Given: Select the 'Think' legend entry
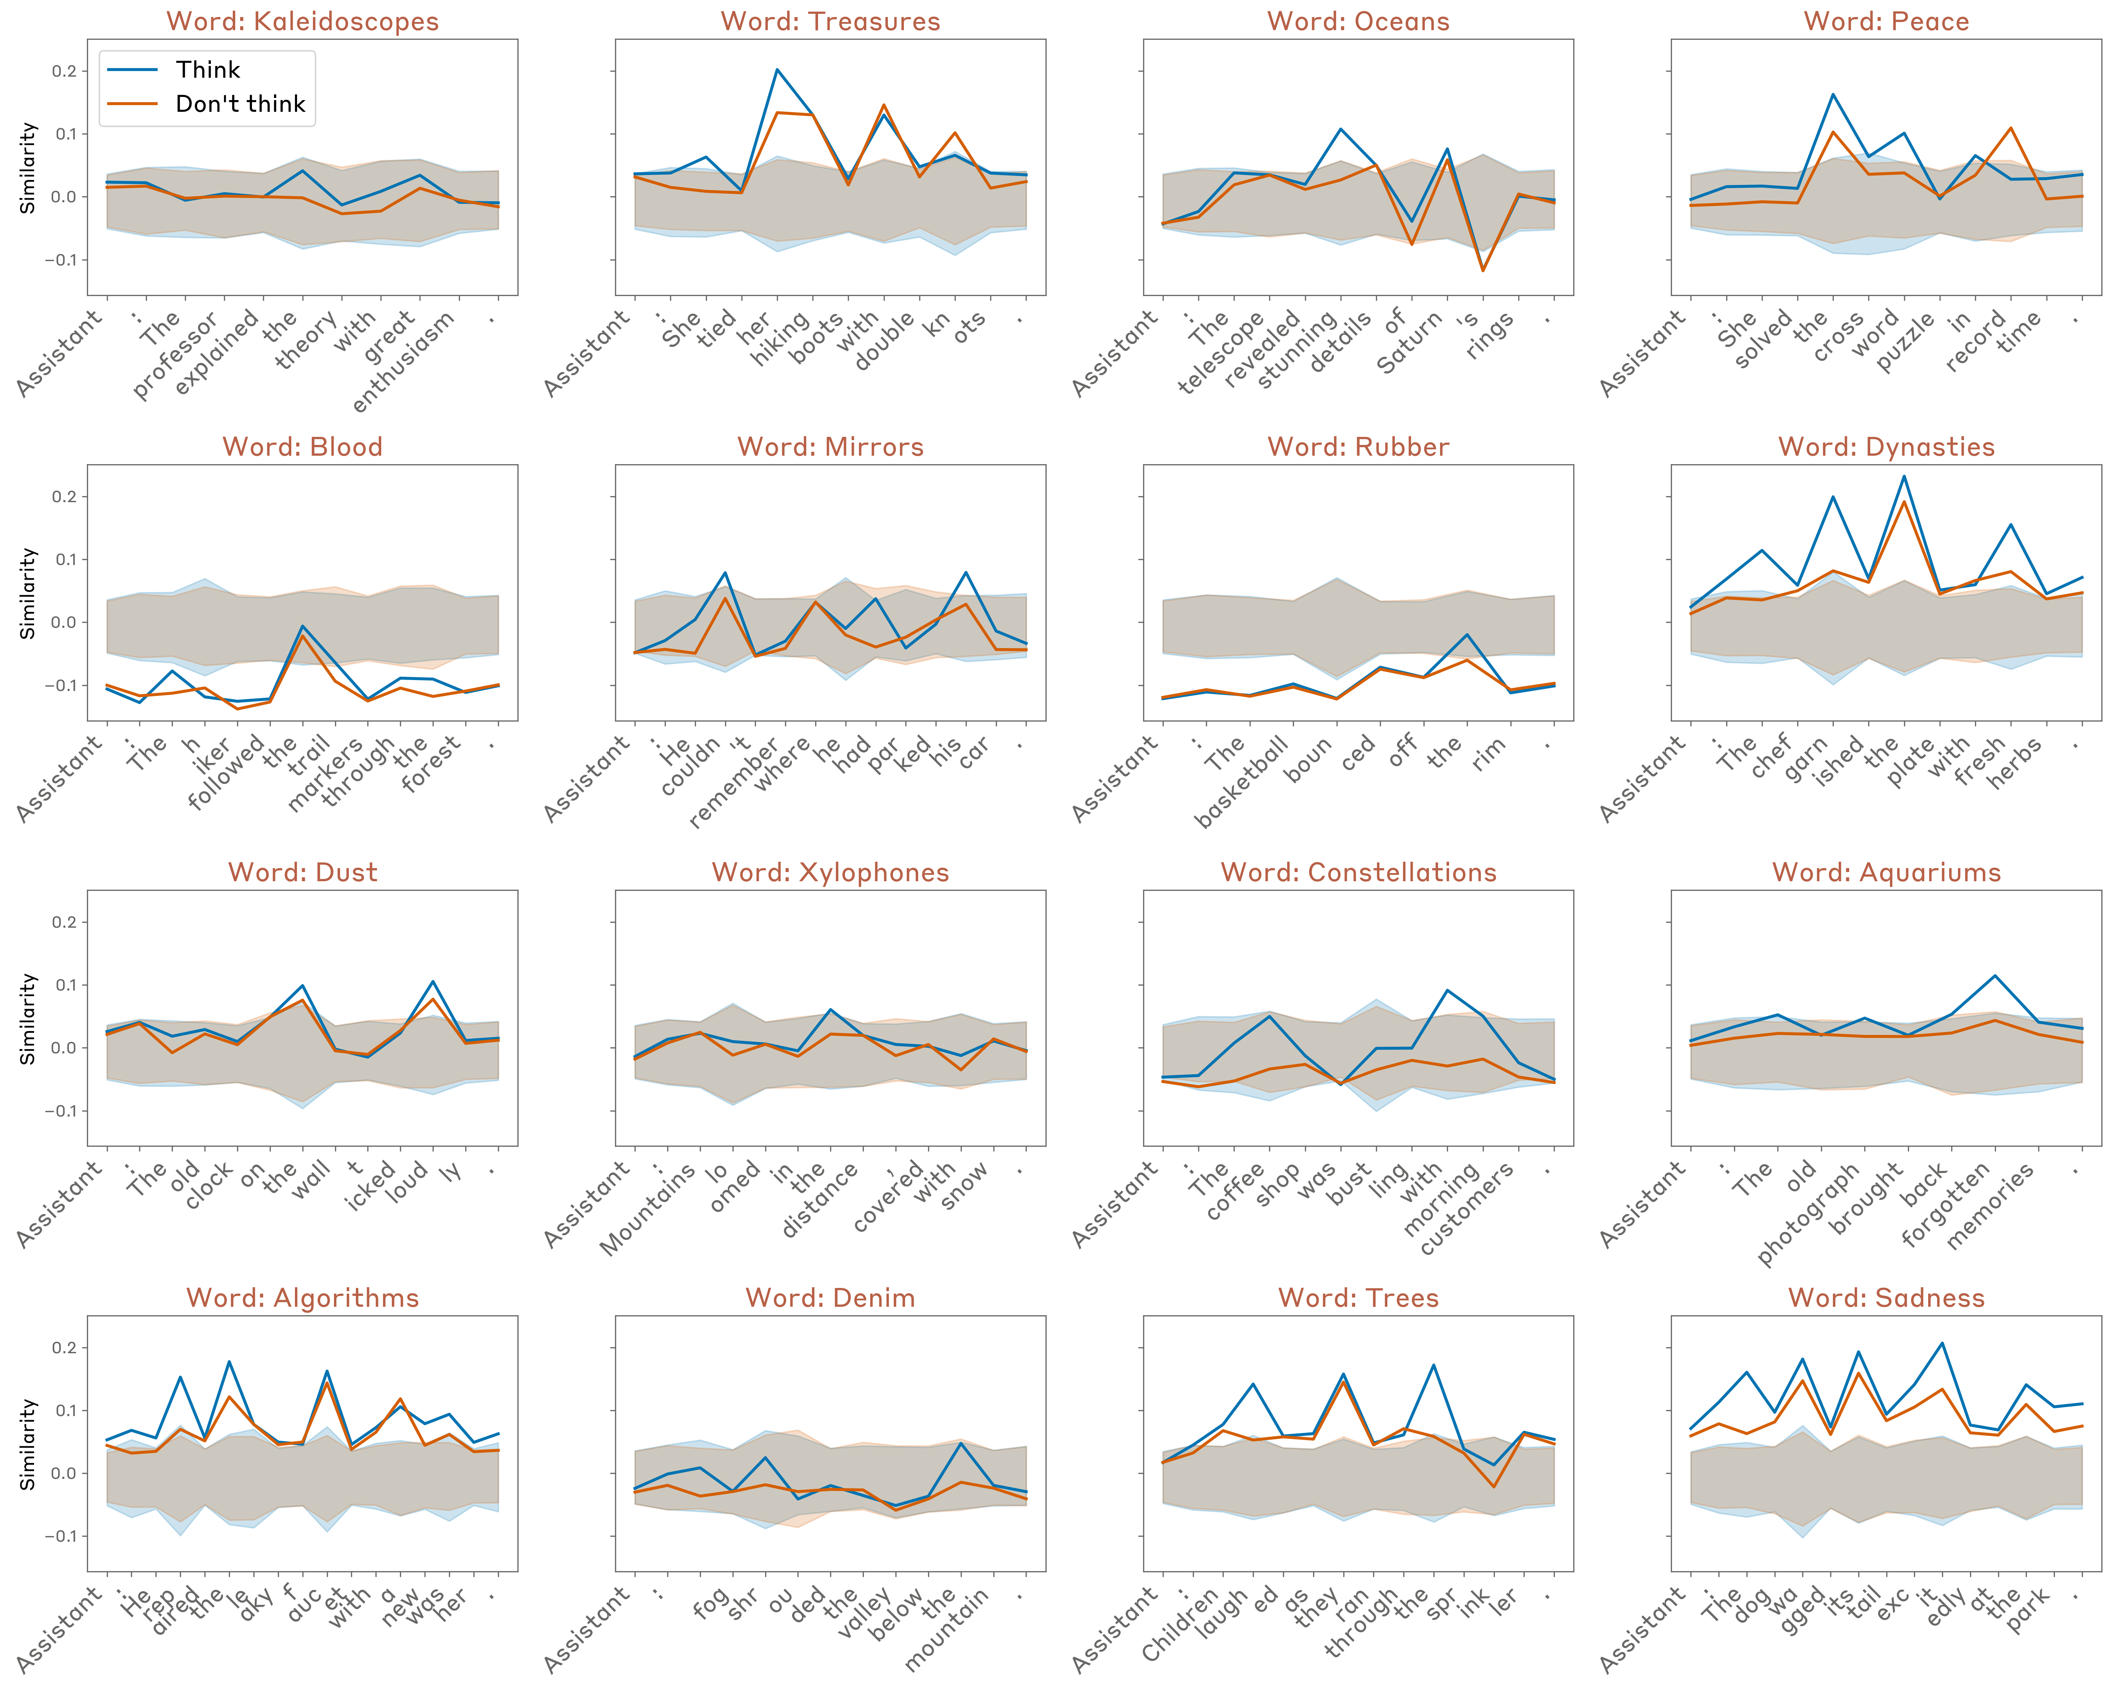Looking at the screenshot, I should coord(208,70).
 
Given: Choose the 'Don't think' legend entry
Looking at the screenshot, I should coord(240,104).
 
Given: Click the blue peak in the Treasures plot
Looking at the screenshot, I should coord(777,70).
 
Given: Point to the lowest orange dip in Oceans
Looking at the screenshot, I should coord(1483,270).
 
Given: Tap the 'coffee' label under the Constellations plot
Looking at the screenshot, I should coord(1236,1191).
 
